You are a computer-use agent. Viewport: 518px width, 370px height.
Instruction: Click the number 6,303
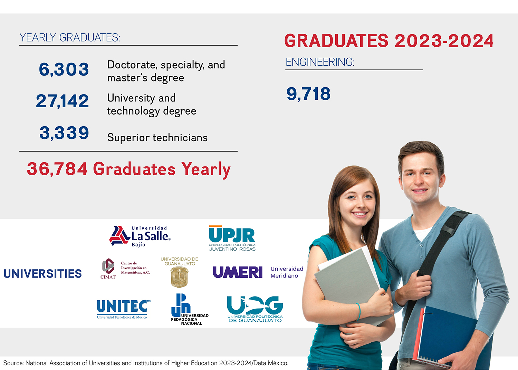pos(64,69)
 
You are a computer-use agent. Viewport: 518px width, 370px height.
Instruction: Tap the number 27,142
pos(63,101)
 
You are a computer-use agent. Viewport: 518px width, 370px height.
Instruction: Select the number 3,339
pos(64,133)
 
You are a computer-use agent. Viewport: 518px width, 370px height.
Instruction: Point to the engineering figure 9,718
pos(308,94)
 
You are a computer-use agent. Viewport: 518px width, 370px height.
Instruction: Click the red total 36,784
pos(57,169)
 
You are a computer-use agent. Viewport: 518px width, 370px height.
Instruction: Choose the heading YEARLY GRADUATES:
pos(70,38)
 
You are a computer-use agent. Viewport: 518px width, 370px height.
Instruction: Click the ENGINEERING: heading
pos(320,62)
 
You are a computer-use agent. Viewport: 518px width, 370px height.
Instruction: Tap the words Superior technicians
pos(157,137)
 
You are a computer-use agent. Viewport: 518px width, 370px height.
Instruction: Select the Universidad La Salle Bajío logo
pos(140,236)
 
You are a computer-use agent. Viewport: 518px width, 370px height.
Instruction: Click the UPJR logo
pos(232,238)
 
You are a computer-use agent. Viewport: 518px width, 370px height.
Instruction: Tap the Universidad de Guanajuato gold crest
pos(179,277)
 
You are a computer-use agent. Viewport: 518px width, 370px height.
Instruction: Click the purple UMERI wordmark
pos(238,272)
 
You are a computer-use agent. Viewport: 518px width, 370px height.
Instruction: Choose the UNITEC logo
pos(123,309)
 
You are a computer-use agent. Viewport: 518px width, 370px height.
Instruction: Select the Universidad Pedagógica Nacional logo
pos(190,309)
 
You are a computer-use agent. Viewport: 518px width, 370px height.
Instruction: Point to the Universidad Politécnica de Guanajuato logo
pos(255,309)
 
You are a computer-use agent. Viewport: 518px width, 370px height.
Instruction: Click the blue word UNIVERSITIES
pos(43,274)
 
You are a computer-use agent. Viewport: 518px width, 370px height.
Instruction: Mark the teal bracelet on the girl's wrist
pos(359,312)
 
